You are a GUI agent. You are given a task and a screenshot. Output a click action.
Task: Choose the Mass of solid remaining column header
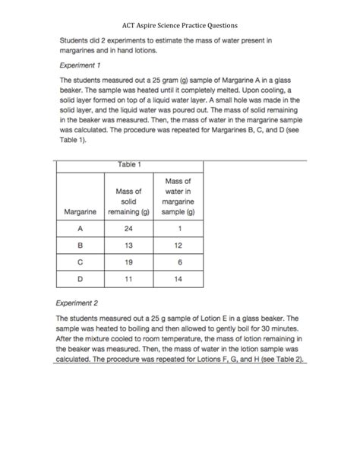pyautogui.click(x=128, y=201)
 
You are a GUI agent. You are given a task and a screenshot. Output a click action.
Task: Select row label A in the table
pyautogui.click(x=79, y=228)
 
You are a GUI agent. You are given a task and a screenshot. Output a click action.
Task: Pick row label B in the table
pyautogui.click(x=79, y=246)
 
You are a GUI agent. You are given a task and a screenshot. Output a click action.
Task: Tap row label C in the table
pyautogui.click(x=79, y=263)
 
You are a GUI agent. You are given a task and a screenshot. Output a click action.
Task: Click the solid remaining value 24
pyautogui.click(x=128, y=228)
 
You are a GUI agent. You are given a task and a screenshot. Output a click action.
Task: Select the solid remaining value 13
pyautogui.click(x=128, y=246)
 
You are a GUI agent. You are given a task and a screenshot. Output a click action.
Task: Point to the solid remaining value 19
pyautogui.click(x=128, y=263)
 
